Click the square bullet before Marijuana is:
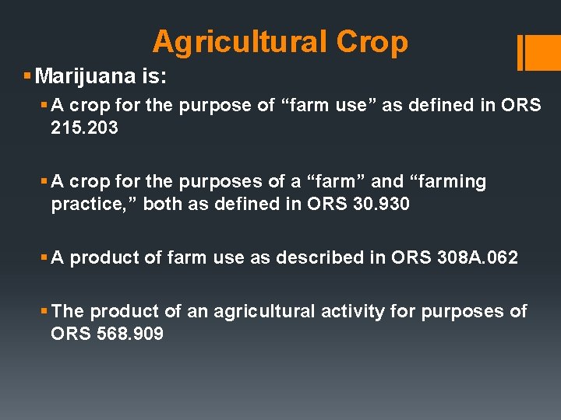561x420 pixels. click(27, 76)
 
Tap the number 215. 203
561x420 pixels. click(84, 128)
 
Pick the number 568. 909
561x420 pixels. click(129, 334)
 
